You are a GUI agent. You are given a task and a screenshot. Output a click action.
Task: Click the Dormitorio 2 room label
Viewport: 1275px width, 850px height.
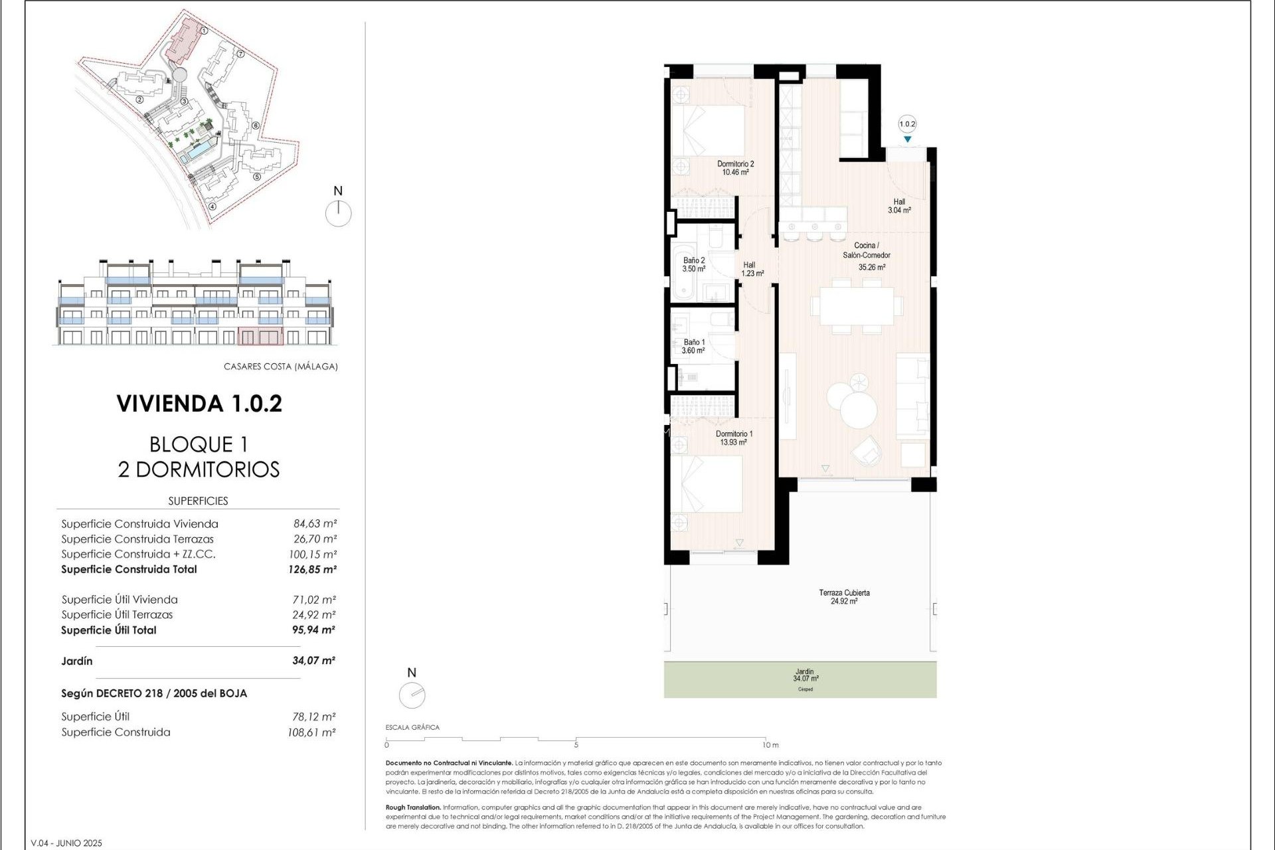[x=735, y=168]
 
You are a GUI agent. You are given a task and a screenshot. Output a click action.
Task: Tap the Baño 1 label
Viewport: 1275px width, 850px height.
[x=693, y=346]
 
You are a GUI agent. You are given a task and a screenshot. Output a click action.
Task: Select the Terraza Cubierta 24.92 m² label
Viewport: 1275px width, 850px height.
[x=844, y=596]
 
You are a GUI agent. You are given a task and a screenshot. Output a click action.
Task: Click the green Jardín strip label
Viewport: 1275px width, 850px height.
[x=805, y=675]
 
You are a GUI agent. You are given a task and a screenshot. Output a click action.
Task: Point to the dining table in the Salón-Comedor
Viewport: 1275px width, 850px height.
[x=856, y=306]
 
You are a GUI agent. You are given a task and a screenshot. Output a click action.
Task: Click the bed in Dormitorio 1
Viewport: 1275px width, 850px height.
[x=707, y=484]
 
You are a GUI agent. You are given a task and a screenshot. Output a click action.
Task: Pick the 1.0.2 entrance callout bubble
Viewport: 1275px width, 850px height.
[x=907, y=124]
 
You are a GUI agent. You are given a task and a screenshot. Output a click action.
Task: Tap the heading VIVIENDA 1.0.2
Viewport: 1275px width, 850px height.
[x=199, y=404]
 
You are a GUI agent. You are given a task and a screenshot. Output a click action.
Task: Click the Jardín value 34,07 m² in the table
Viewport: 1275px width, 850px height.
[x=313, y=661]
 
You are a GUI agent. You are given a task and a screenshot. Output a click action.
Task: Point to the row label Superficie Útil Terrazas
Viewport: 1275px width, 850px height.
[x=117, y=615]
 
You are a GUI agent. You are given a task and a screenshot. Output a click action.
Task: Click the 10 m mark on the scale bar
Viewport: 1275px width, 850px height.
[x=770, y=745]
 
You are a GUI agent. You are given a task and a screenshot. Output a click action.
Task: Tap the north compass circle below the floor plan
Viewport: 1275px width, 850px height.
[x=412, y=695]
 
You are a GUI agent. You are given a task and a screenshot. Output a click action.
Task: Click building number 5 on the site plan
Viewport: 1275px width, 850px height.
[x=257, y=177]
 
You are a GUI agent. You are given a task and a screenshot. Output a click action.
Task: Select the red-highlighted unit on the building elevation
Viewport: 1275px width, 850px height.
[x=260, y=336]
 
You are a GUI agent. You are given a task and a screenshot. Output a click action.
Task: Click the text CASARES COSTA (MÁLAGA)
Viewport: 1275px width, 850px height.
[x=280, y=367]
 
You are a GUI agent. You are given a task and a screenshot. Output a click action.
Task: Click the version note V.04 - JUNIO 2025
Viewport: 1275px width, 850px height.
[x=66, y=843]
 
